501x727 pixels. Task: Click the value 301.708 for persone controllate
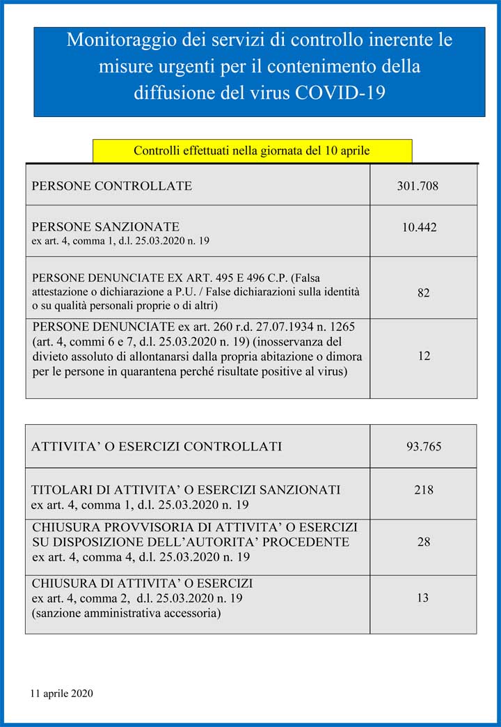coord(417,186)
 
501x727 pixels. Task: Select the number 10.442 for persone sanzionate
coord(419,227)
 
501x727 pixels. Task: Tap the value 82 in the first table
coord(423,293)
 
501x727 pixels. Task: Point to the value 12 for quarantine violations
coord(424,356)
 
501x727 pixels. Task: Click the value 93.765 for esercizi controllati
coord(424,446)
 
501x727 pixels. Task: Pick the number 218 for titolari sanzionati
coord(423,490)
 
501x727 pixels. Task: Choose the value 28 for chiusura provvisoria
coord(423,541)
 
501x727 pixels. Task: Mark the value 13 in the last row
coord(422,597)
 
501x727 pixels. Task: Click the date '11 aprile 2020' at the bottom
coord(61,694)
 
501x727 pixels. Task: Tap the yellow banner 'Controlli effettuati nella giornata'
coord(251,150)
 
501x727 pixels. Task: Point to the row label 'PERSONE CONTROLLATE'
coord(111,186)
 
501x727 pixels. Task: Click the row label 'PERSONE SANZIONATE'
coord(105,227)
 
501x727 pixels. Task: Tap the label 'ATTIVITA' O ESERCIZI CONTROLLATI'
coord(157,446)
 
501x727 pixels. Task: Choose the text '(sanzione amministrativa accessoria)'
coord(127,613)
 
